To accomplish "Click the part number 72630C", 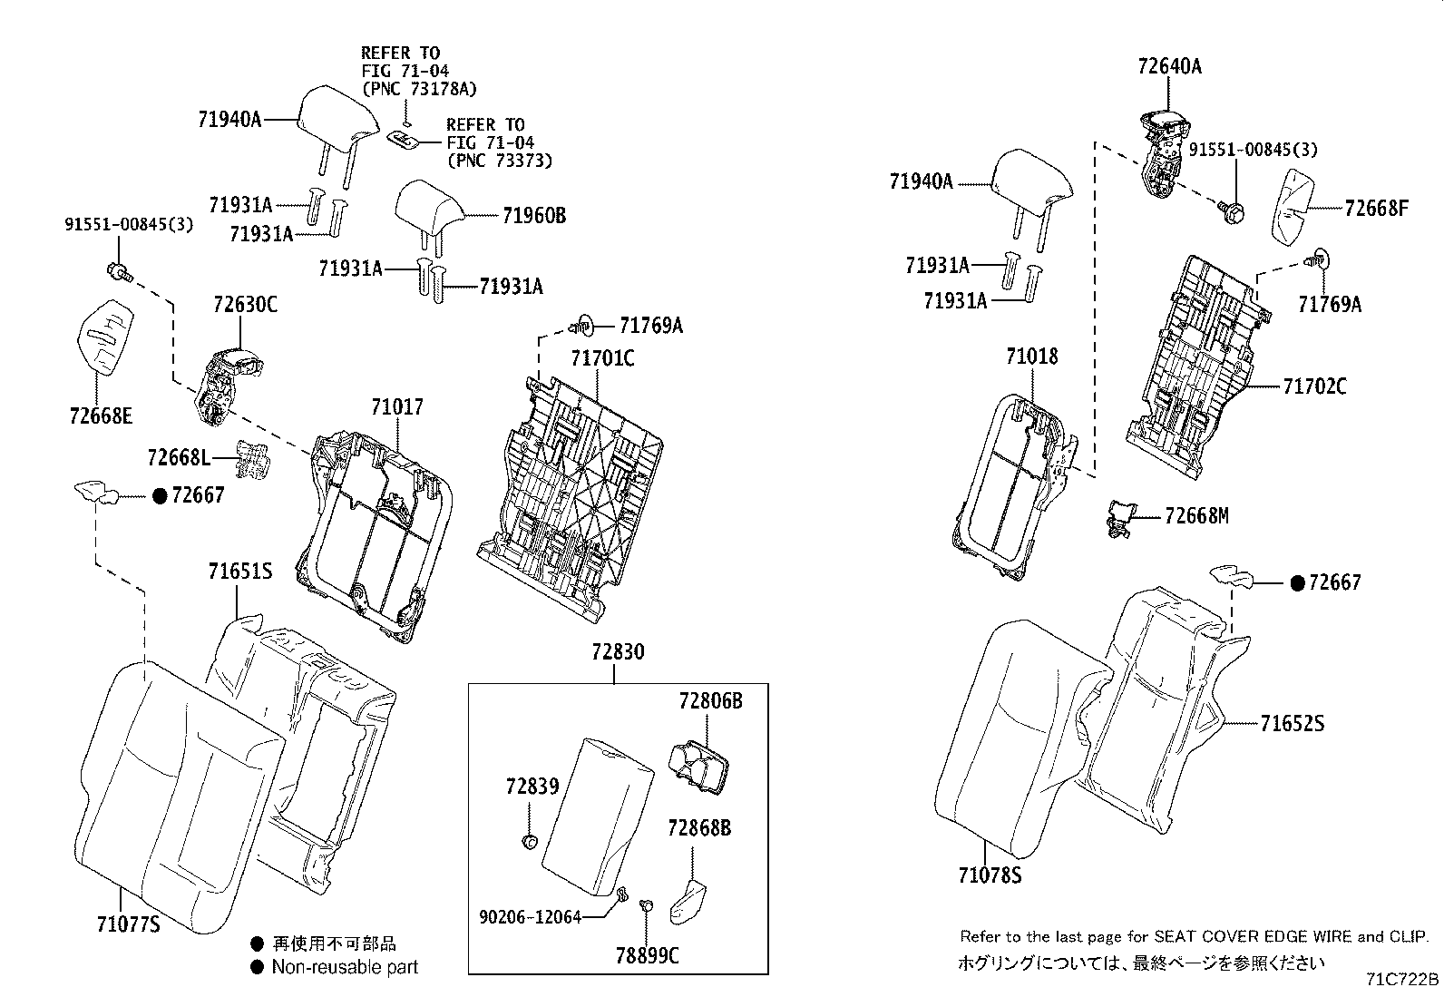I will point(245,305).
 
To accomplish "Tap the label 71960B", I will point(534,215).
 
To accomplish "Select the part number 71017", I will point(396,408).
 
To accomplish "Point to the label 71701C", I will point(602,358).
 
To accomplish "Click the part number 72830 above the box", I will point(618,651).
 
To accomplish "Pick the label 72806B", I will point(711,700).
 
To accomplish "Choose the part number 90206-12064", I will point(530,916).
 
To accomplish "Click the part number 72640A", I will point(1169,65).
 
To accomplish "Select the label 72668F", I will point(1376,209).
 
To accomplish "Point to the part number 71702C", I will point(1314,386).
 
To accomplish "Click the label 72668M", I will point(1196,516).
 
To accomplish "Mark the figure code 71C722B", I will point(1403,979).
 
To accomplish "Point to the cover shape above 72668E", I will point(102,335).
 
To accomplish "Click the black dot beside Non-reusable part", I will point(257,966).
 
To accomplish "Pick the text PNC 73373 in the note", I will point(500,161).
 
